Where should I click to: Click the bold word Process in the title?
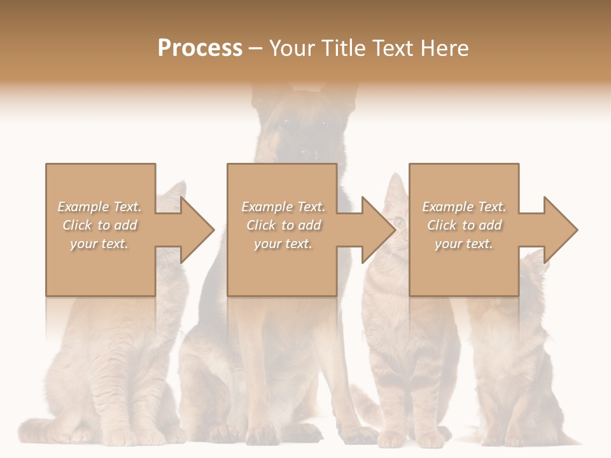coord(200,48)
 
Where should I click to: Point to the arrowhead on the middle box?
coord(378,230)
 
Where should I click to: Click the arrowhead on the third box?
coord(560,230)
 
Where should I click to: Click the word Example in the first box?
coord(83,207)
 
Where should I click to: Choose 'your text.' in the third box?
coord(464,244)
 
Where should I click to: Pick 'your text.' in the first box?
coord(99,244)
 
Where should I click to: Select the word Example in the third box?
coord(447,207)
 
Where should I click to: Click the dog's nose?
coord(309,154)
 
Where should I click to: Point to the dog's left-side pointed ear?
coord(261,95)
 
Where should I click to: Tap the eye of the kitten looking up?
coord(399,221)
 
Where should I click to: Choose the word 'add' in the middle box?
coord(309,225)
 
